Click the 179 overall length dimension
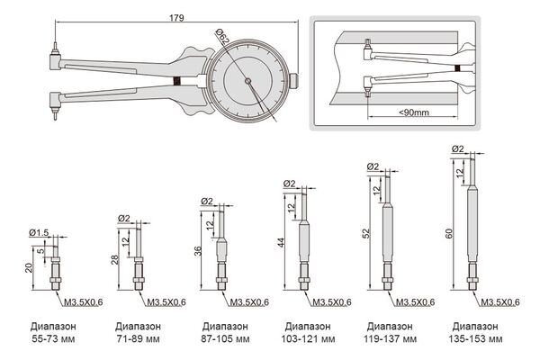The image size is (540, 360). click(169, 16)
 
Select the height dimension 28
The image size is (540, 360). click(113, 259)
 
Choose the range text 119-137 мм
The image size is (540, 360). click(391, 340)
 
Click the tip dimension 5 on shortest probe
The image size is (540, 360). click(53, 253)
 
